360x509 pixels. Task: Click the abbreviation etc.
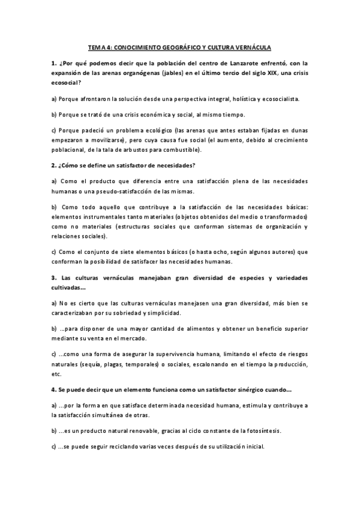click(56, 374)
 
